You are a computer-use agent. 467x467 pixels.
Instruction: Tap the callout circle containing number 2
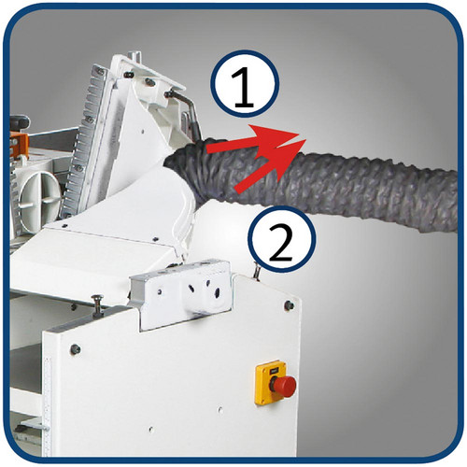click(x=281, y=238)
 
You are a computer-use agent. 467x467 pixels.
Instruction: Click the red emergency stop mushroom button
click(x=283, y=386)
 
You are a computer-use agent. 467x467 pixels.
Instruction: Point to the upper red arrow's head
click(x=277, y=137)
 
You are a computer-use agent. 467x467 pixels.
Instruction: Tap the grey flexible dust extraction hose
click(x=311, y=184)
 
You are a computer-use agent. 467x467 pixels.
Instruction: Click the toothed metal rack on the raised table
click(x=83, y=140)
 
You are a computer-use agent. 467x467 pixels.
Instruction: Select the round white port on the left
click(x=39, y=194)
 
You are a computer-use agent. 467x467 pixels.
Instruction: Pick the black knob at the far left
click(x=20, y=121)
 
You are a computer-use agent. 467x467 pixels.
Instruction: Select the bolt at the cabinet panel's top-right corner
click(x=290, y=305)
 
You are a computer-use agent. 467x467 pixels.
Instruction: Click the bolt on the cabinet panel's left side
click(x=76, y=349)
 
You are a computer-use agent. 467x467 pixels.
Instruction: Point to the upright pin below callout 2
click(x=257, y=270)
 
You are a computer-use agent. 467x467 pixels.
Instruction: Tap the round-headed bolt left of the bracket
click(x=98, y=304)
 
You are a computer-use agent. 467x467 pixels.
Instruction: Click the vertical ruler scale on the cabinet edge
click(x=48, y=404)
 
